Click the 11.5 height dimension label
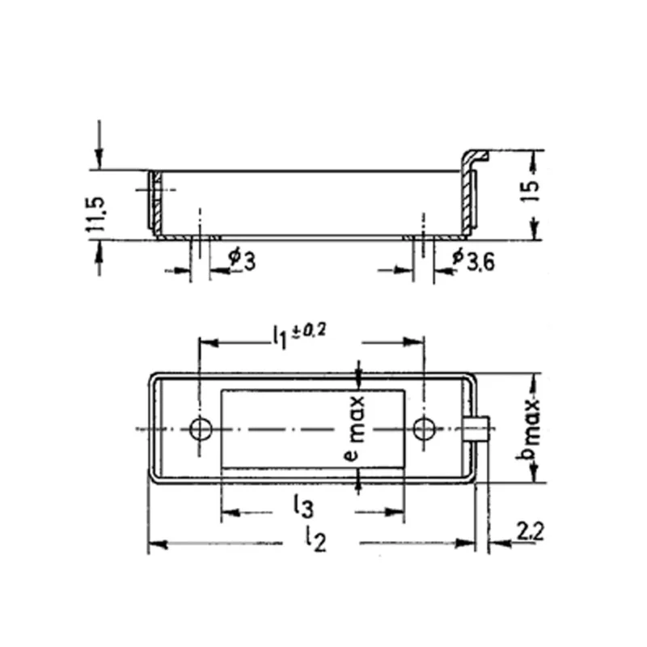(96, 214)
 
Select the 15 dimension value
(531, 190)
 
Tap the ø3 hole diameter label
(243, 259)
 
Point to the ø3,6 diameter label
(474, 260)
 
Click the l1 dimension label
(279, 338)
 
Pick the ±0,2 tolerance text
(309, 330)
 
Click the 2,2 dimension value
(531, 531)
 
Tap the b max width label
(529, 429)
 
